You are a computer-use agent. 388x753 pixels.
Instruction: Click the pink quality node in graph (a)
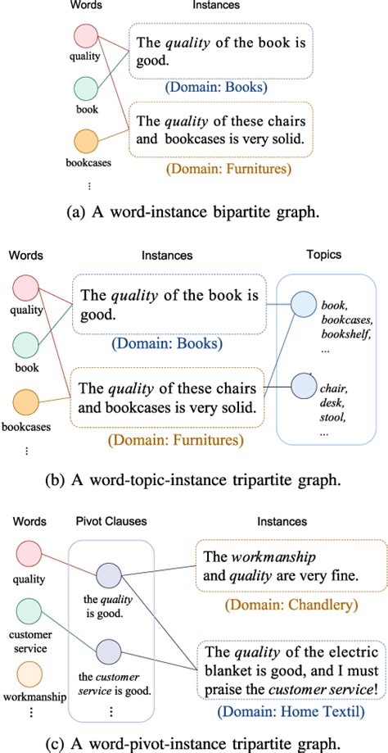click(x=85, y=37)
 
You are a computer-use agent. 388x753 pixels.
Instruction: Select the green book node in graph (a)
click(x=85, y=88)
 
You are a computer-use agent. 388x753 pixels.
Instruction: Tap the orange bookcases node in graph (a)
click(x=85, y=141)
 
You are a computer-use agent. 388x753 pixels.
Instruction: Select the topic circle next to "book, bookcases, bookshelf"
click(x=302, y=304)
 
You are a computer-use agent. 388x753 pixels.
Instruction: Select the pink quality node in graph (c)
click(x=27, y=551)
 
